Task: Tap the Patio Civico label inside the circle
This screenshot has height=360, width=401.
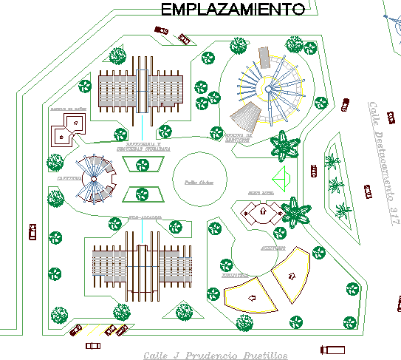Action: (199, 181)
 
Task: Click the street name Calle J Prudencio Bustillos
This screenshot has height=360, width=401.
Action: (215, 354)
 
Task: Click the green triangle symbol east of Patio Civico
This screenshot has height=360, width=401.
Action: (280, 178)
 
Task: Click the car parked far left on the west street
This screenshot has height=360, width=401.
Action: (31, 232)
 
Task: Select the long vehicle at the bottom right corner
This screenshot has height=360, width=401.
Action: (332, 349)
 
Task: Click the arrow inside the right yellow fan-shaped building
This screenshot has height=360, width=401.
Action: (292, 275)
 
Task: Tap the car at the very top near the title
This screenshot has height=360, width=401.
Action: (160, 30)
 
